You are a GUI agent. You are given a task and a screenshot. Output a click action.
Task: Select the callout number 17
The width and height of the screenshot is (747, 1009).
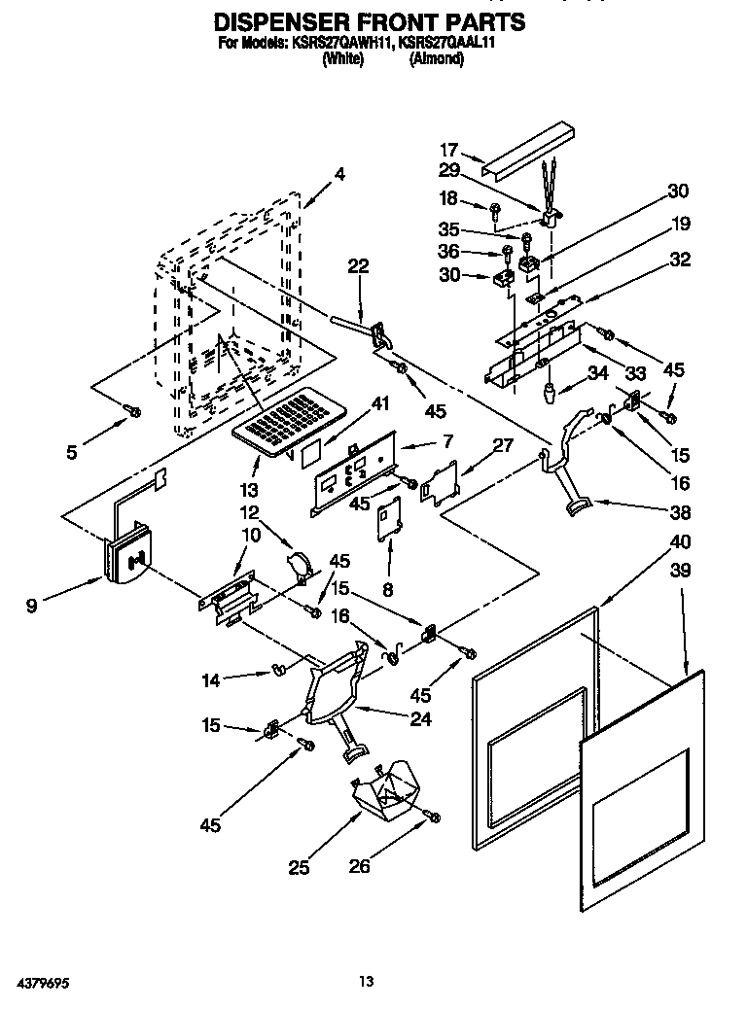[448, 150]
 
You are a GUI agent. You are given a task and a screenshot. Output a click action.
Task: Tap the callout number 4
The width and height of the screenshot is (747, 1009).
[339, 175]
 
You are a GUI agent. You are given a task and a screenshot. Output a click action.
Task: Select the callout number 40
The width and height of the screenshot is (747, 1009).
[680, 541]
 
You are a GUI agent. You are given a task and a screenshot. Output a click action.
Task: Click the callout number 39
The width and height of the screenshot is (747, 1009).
[680, 571]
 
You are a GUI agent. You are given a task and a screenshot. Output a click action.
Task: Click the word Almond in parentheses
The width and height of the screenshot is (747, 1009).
[437, 58]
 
